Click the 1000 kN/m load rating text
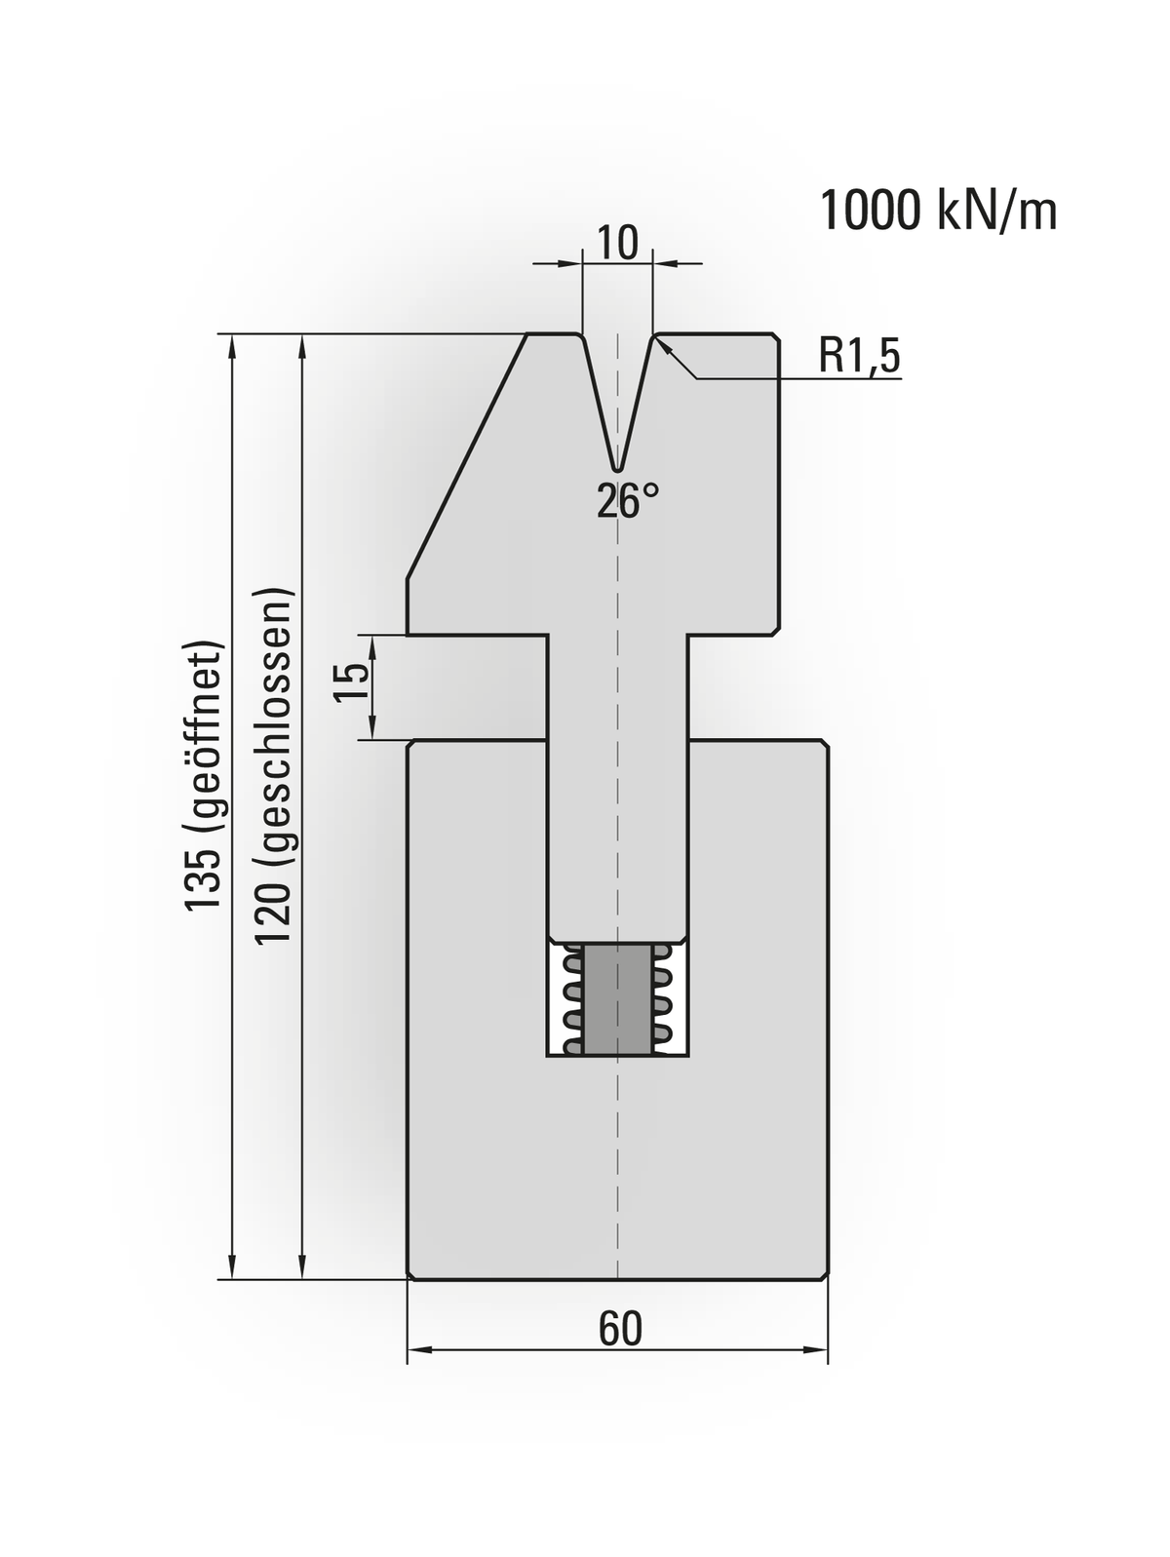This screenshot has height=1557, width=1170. pos(938,211)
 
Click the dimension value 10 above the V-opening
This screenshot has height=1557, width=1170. pos(616,243)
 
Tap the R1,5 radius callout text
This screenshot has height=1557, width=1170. pos(859,357)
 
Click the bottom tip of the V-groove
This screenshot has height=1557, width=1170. pos(617,467)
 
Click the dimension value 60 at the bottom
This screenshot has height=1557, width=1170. pos(620,1328)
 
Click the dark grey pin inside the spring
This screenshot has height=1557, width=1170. pos(617,997)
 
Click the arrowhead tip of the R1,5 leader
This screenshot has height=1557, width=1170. pos(661,344)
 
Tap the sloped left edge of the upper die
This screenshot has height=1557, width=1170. pos(466,458)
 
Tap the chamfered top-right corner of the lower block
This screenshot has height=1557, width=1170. pos(826,745)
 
